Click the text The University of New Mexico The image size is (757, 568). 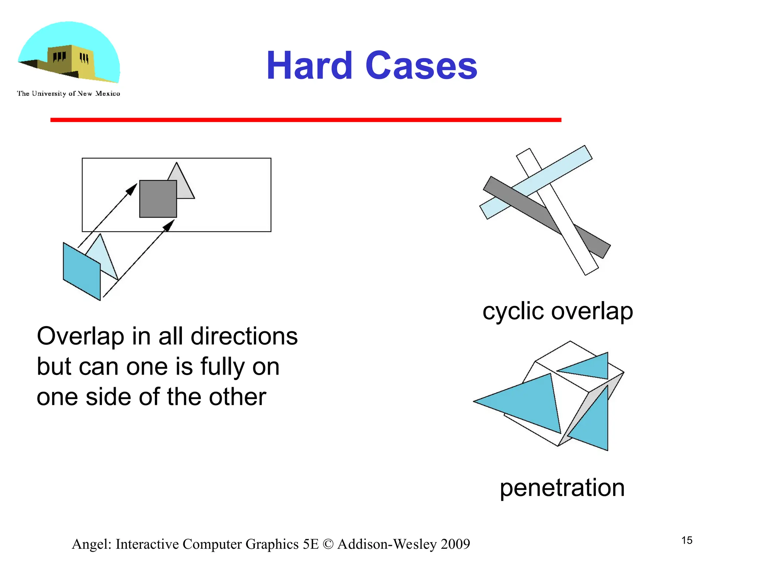click(68, 94)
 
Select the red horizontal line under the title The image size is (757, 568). click(306, 120)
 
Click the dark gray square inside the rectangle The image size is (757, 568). click(158, 199)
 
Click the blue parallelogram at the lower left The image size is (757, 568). click(82, 271)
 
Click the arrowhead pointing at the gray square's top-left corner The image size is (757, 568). click(132, 189)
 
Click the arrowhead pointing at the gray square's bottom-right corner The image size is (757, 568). click(169, 225)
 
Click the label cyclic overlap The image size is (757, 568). click(557, 311)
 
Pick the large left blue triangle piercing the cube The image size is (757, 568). click(529, 403)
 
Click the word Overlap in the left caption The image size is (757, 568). click(80, 337)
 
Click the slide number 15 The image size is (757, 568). click(687, 540)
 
